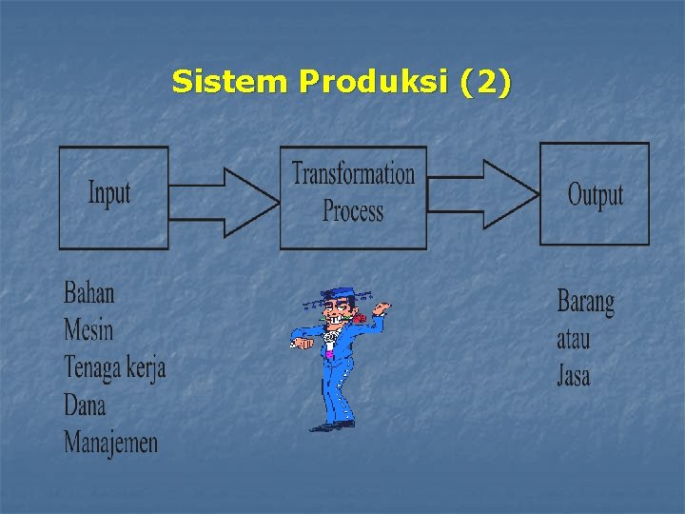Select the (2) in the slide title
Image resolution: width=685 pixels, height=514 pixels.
[484, 83]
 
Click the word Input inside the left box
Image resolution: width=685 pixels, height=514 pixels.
[109, 193]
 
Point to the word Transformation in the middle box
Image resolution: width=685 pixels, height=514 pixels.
[353, 174]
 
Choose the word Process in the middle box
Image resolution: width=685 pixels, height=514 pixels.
[353, 210]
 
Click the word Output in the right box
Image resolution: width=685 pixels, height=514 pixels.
[596, 195]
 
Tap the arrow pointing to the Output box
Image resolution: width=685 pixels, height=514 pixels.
[485, 193]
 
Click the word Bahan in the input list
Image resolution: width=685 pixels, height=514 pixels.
[88, 292]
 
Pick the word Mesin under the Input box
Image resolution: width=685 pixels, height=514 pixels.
[88, 329]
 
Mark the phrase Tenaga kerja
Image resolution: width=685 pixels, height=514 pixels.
[114, 367]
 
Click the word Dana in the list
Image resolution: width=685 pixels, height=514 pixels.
[85, 405]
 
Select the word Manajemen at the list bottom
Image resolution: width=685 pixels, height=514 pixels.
[110, 442]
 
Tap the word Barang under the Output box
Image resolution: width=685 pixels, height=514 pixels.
[585, 303]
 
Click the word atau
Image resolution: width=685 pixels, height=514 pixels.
[573, 339]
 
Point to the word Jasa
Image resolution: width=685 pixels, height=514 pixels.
[573, 375]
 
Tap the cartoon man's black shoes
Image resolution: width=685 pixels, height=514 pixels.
[331, 426]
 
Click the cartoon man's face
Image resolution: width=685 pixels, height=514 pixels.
[336, 312]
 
